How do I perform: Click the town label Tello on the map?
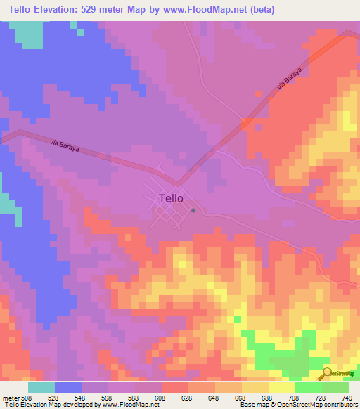pyautogui.click(x=171, y=198)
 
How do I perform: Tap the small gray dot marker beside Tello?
pyautogui.click(x=193, y=209)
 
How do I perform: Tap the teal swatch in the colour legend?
pyautogui.click(x=41, y=387)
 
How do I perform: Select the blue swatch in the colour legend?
pyautogui.click(x=68, y=387)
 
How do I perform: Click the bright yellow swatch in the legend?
pyautogui.click(x=282, y=387)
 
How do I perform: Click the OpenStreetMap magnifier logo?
pyautogui.click(x=326, y=372)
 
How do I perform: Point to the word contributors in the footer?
pyautogui.click(x=341, y=404)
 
